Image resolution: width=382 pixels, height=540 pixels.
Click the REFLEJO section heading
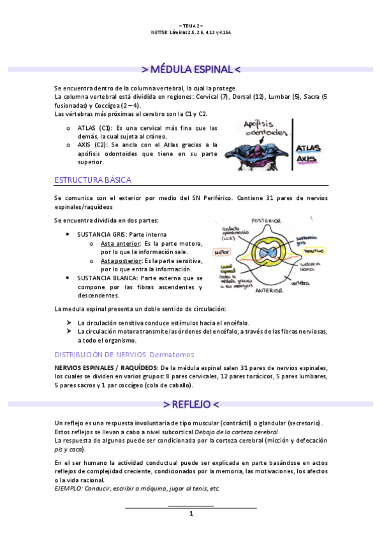(x=191, y=404)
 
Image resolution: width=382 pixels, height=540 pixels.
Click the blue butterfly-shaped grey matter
(x=266, y=252)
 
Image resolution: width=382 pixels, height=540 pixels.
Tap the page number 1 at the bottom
(x=191, y=513)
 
